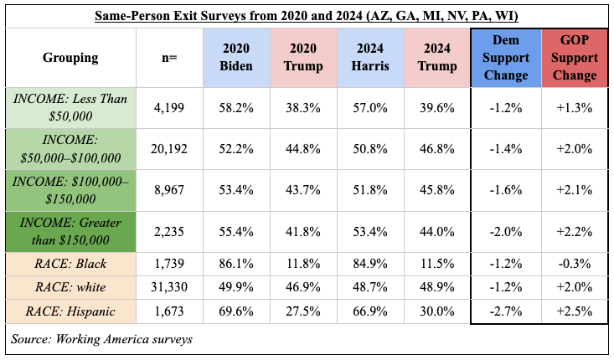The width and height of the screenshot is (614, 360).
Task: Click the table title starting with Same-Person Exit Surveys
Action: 307,16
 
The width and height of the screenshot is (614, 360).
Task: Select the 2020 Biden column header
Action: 236,58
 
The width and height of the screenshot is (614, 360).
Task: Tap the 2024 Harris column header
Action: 369,58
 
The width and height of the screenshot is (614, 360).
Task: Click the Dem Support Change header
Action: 505,58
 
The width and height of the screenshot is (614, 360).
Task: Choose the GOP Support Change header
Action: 574,58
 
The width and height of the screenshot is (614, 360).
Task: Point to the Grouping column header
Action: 70,58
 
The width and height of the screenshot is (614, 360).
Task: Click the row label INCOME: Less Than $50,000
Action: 70,106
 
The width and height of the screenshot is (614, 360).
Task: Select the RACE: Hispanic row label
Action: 70,311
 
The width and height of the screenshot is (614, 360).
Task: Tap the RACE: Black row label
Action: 70,264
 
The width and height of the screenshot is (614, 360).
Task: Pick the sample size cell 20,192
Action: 168,148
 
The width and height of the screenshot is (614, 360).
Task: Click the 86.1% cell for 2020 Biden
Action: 236,264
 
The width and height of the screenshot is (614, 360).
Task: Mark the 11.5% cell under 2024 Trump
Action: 436,264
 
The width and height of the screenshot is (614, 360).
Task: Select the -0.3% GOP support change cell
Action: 574,264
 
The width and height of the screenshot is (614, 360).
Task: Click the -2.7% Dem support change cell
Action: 505,311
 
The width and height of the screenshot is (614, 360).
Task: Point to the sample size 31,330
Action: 168,287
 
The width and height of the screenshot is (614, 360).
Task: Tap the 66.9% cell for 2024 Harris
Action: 369,311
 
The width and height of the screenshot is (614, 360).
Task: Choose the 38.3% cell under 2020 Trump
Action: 303,106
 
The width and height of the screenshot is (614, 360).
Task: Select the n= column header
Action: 168,58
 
